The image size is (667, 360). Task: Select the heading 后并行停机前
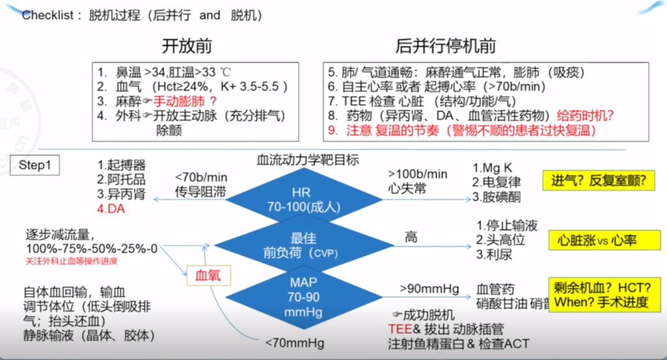(446, 45)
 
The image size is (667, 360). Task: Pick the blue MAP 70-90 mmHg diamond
(304, 294)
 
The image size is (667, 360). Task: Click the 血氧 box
(204, 274)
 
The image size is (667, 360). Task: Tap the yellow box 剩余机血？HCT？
(599, 295)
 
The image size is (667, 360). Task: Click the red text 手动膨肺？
(184, 101)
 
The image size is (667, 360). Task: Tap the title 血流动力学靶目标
(308, 160)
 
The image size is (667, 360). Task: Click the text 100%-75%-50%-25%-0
(91, 249)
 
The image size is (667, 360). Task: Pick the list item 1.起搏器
(122, 165)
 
